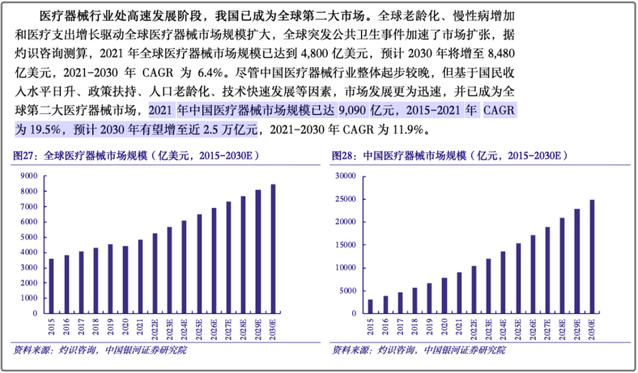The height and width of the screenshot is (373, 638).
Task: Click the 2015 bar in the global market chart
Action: pyautogui.click(x=51, y=286)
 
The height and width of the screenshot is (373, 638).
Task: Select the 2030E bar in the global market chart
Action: pyautogui.click(x=273, y=248)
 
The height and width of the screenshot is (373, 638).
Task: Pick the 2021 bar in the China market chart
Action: pyautogui.click(x=460, y=293)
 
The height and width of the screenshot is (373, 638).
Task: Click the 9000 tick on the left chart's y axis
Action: pyautogui.click(x=29, y=176)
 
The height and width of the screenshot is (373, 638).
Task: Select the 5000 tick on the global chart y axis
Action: pyautogui.click(x=29, y=237)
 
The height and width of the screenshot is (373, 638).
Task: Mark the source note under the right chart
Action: pyautogui.click(x=419, y=351)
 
